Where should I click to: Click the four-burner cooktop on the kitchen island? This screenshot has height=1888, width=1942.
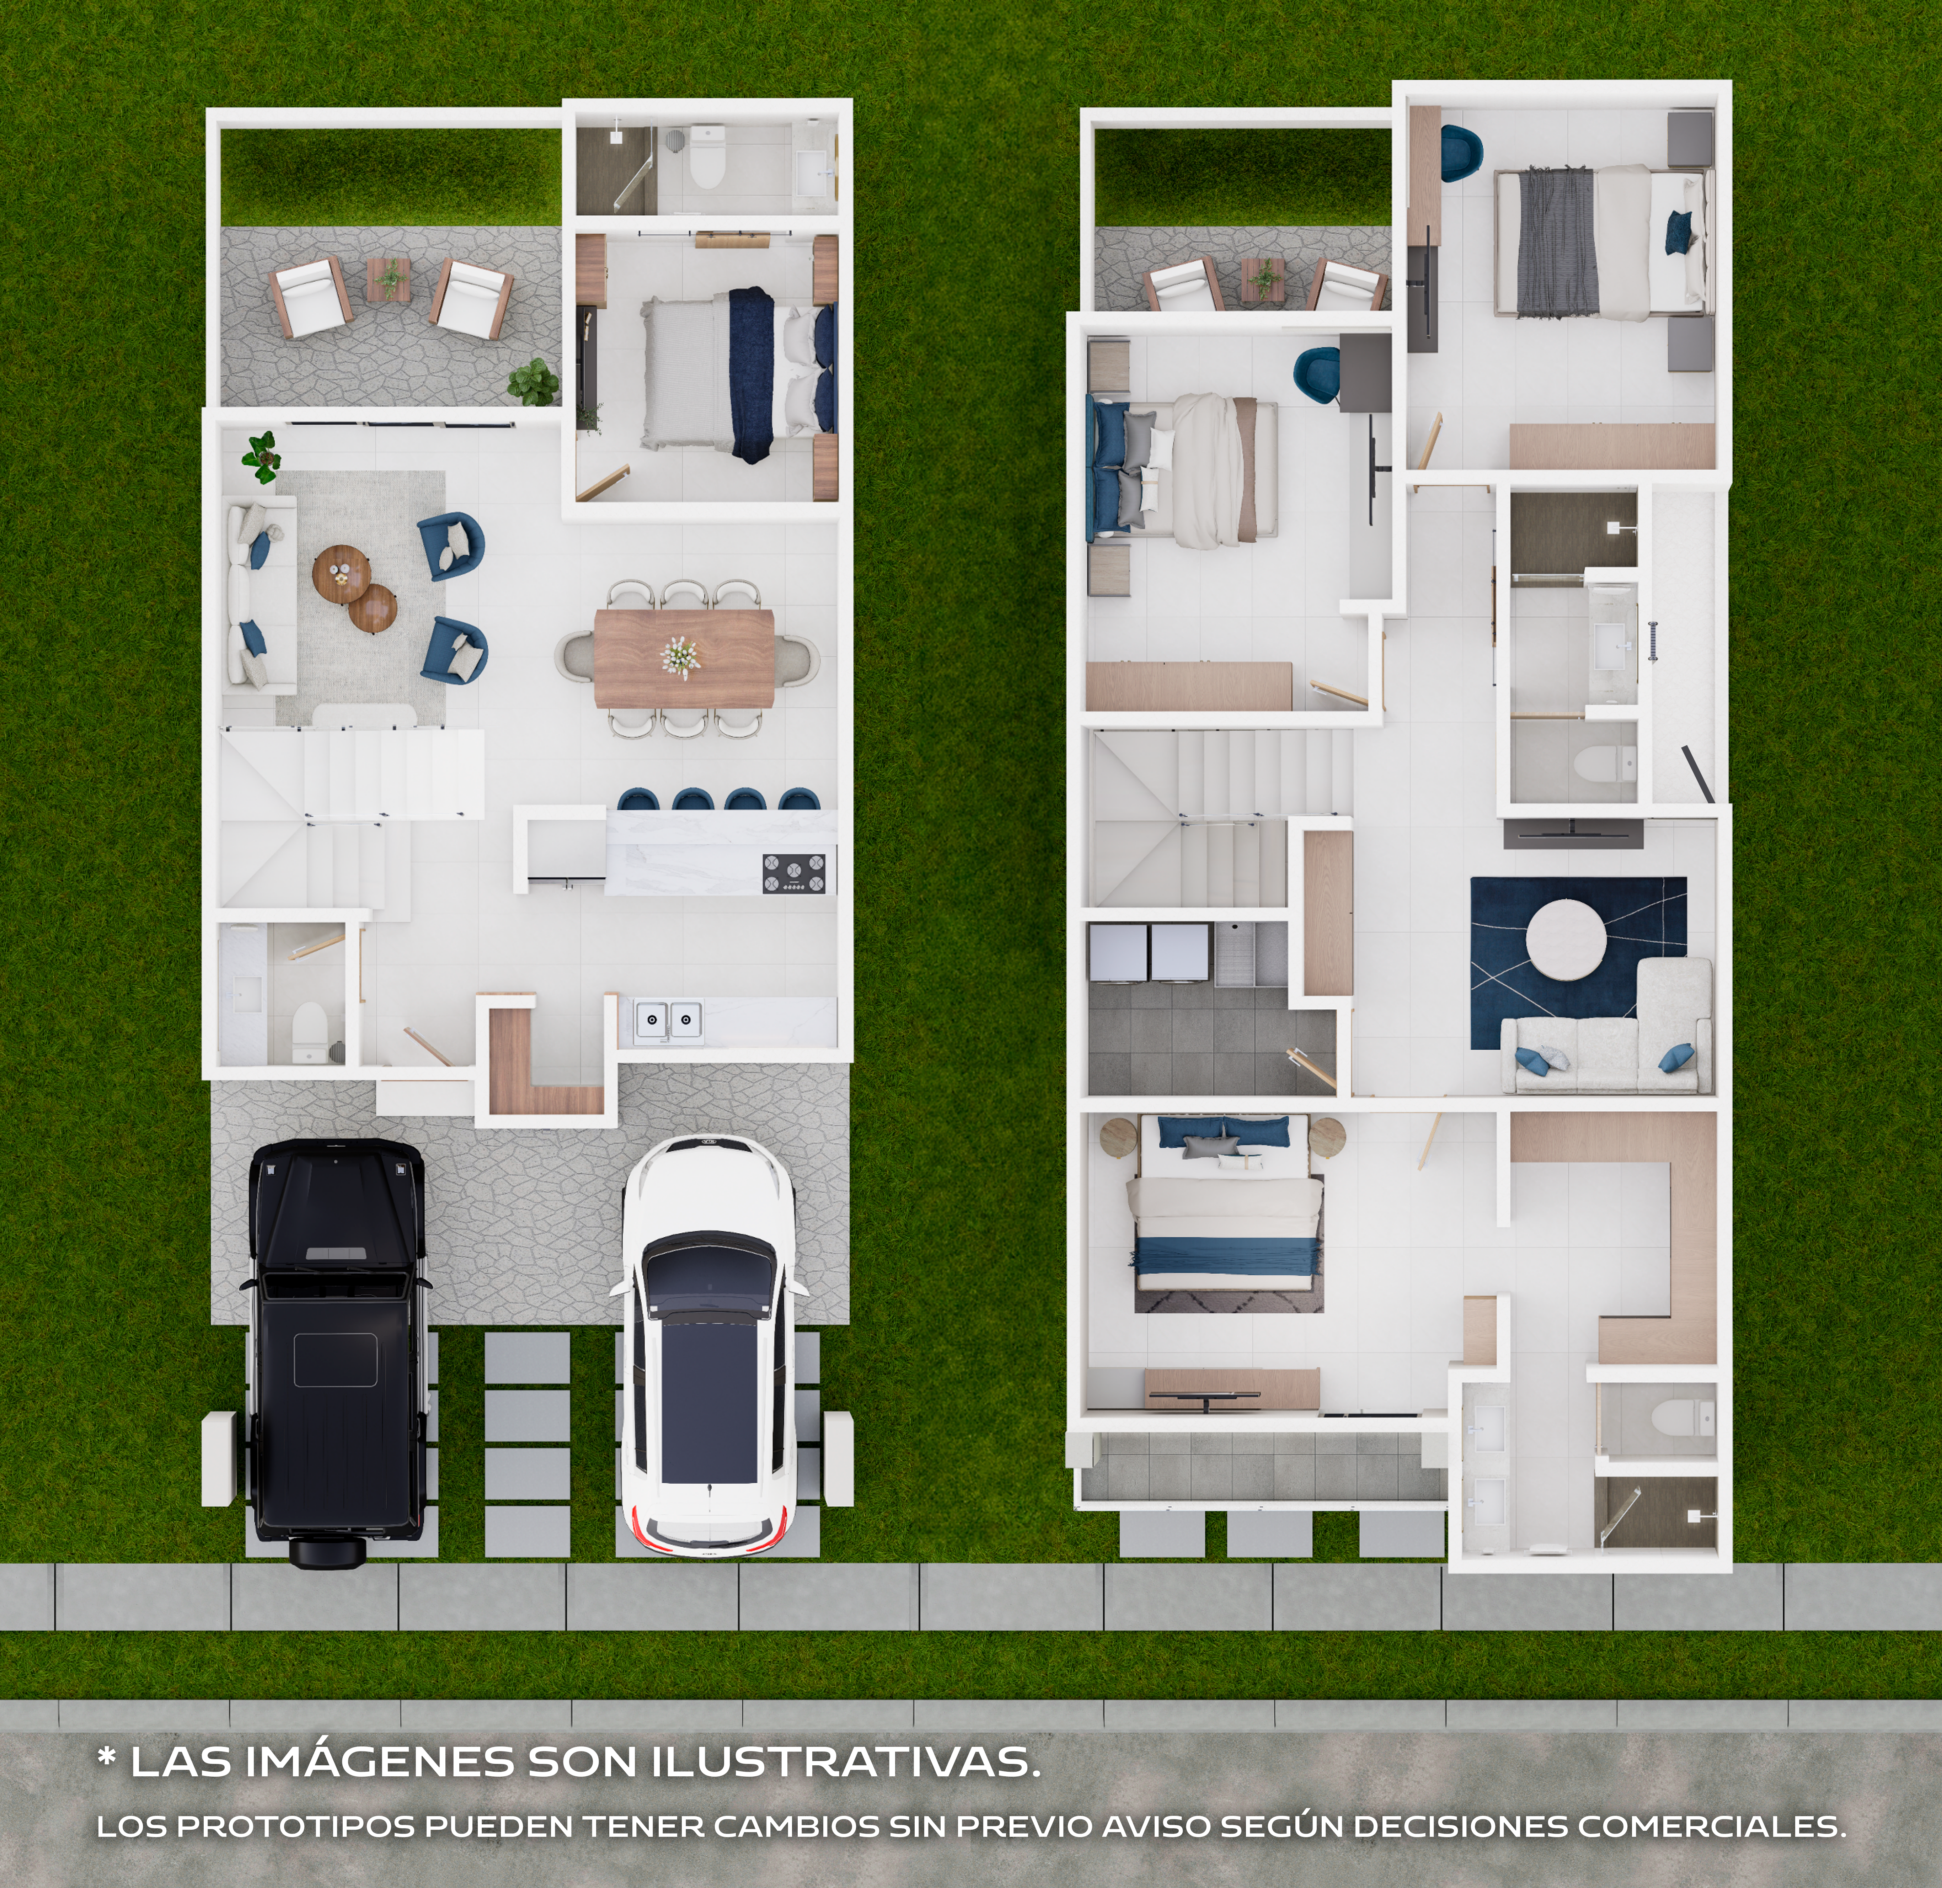(793, 873)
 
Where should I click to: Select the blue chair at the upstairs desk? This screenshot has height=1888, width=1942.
(1316, 372)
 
